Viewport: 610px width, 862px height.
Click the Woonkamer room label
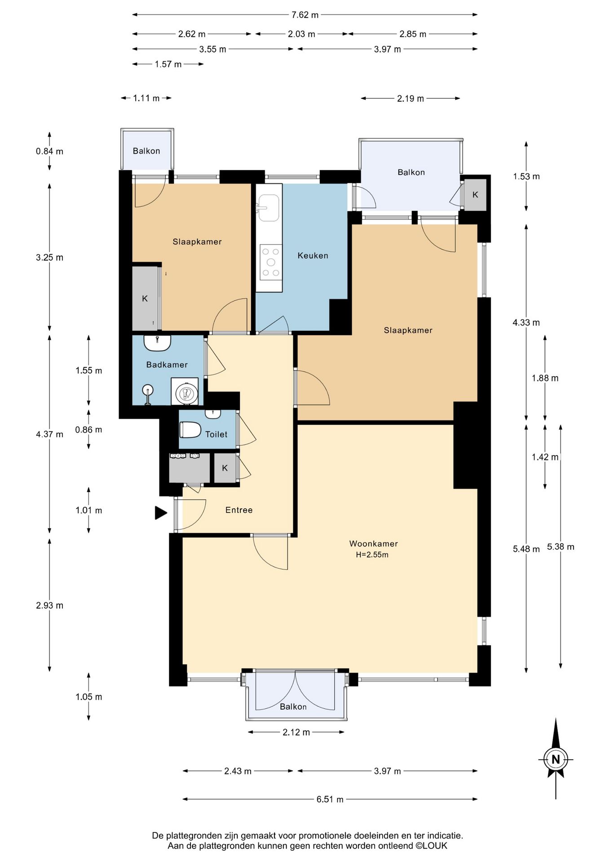(373, 544)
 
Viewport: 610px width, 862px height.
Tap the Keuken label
(313, 255)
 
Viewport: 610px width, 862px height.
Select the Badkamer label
(167, 365)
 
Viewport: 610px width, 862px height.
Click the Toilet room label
(216, 434)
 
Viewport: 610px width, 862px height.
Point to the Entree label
(239, 510)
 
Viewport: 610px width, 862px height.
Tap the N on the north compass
(556, 759)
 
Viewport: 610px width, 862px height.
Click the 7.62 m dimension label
(305, 15)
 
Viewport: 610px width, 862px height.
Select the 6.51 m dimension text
(330, 800)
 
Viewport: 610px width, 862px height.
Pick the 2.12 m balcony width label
(296, 732)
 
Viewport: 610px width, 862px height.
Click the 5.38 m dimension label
(561, 547)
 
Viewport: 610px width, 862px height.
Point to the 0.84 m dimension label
(49, 151)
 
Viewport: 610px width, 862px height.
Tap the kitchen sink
(269, 208)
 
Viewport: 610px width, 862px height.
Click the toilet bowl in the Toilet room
(190, 430)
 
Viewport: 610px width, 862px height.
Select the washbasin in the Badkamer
(157, 343)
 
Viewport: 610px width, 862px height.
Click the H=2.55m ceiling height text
(372, 555)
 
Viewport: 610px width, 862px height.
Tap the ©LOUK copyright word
(431, 846)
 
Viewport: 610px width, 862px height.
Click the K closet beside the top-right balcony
(475, 195)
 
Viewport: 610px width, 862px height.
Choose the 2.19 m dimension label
(410, 98)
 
